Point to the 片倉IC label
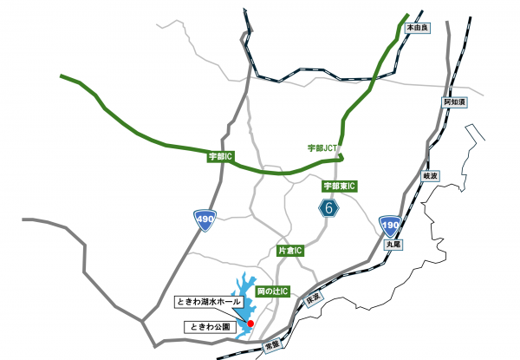(290, 251)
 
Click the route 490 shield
(205, 220)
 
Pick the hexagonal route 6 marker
(328, 208)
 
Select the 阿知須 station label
(454, 102)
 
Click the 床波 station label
(313, 298)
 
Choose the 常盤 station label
(273, 344)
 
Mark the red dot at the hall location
(250, 323)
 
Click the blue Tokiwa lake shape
(243, 295)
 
